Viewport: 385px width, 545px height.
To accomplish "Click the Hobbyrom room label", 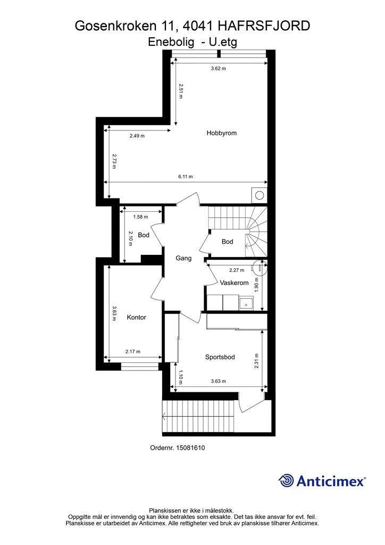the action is click(222, 133).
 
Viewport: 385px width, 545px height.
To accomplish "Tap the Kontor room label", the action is click(137, 317).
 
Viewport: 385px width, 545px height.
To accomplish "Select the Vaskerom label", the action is click(235, 283).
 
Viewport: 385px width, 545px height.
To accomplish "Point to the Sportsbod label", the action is click(220, 357).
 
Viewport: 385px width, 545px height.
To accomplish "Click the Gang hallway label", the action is click(183, 258).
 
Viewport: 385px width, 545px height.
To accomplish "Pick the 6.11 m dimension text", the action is click(186, 177).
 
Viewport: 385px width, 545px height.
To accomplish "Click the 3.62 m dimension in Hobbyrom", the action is click(219, 69).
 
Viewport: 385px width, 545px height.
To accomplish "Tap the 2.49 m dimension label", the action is click(137, 136).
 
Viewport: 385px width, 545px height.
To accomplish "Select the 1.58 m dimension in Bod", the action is click(140, 217).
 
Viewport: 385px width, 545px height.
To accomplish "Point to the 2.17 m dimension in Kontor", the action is click(133, 351).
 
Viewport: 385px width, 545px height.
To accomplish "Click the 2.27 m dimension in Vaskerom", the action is click(237, 270).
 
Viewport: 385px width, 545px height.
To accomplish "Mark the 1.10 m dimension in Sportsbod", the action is click(180, 377).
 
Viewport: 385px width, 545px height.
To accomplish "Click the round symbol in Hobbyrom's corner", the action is click(260, 195).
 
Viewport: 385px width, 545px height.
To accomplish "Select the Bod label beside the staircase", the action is click(228, 242).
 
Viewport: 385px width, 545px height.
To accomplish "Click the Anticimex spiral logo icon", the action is click(286, 481).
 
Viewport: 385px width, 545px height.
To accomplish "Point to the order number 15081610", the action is click(190, 448).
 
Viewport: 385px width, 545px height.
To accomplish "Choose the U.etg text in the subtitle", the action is click(223, 42).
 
